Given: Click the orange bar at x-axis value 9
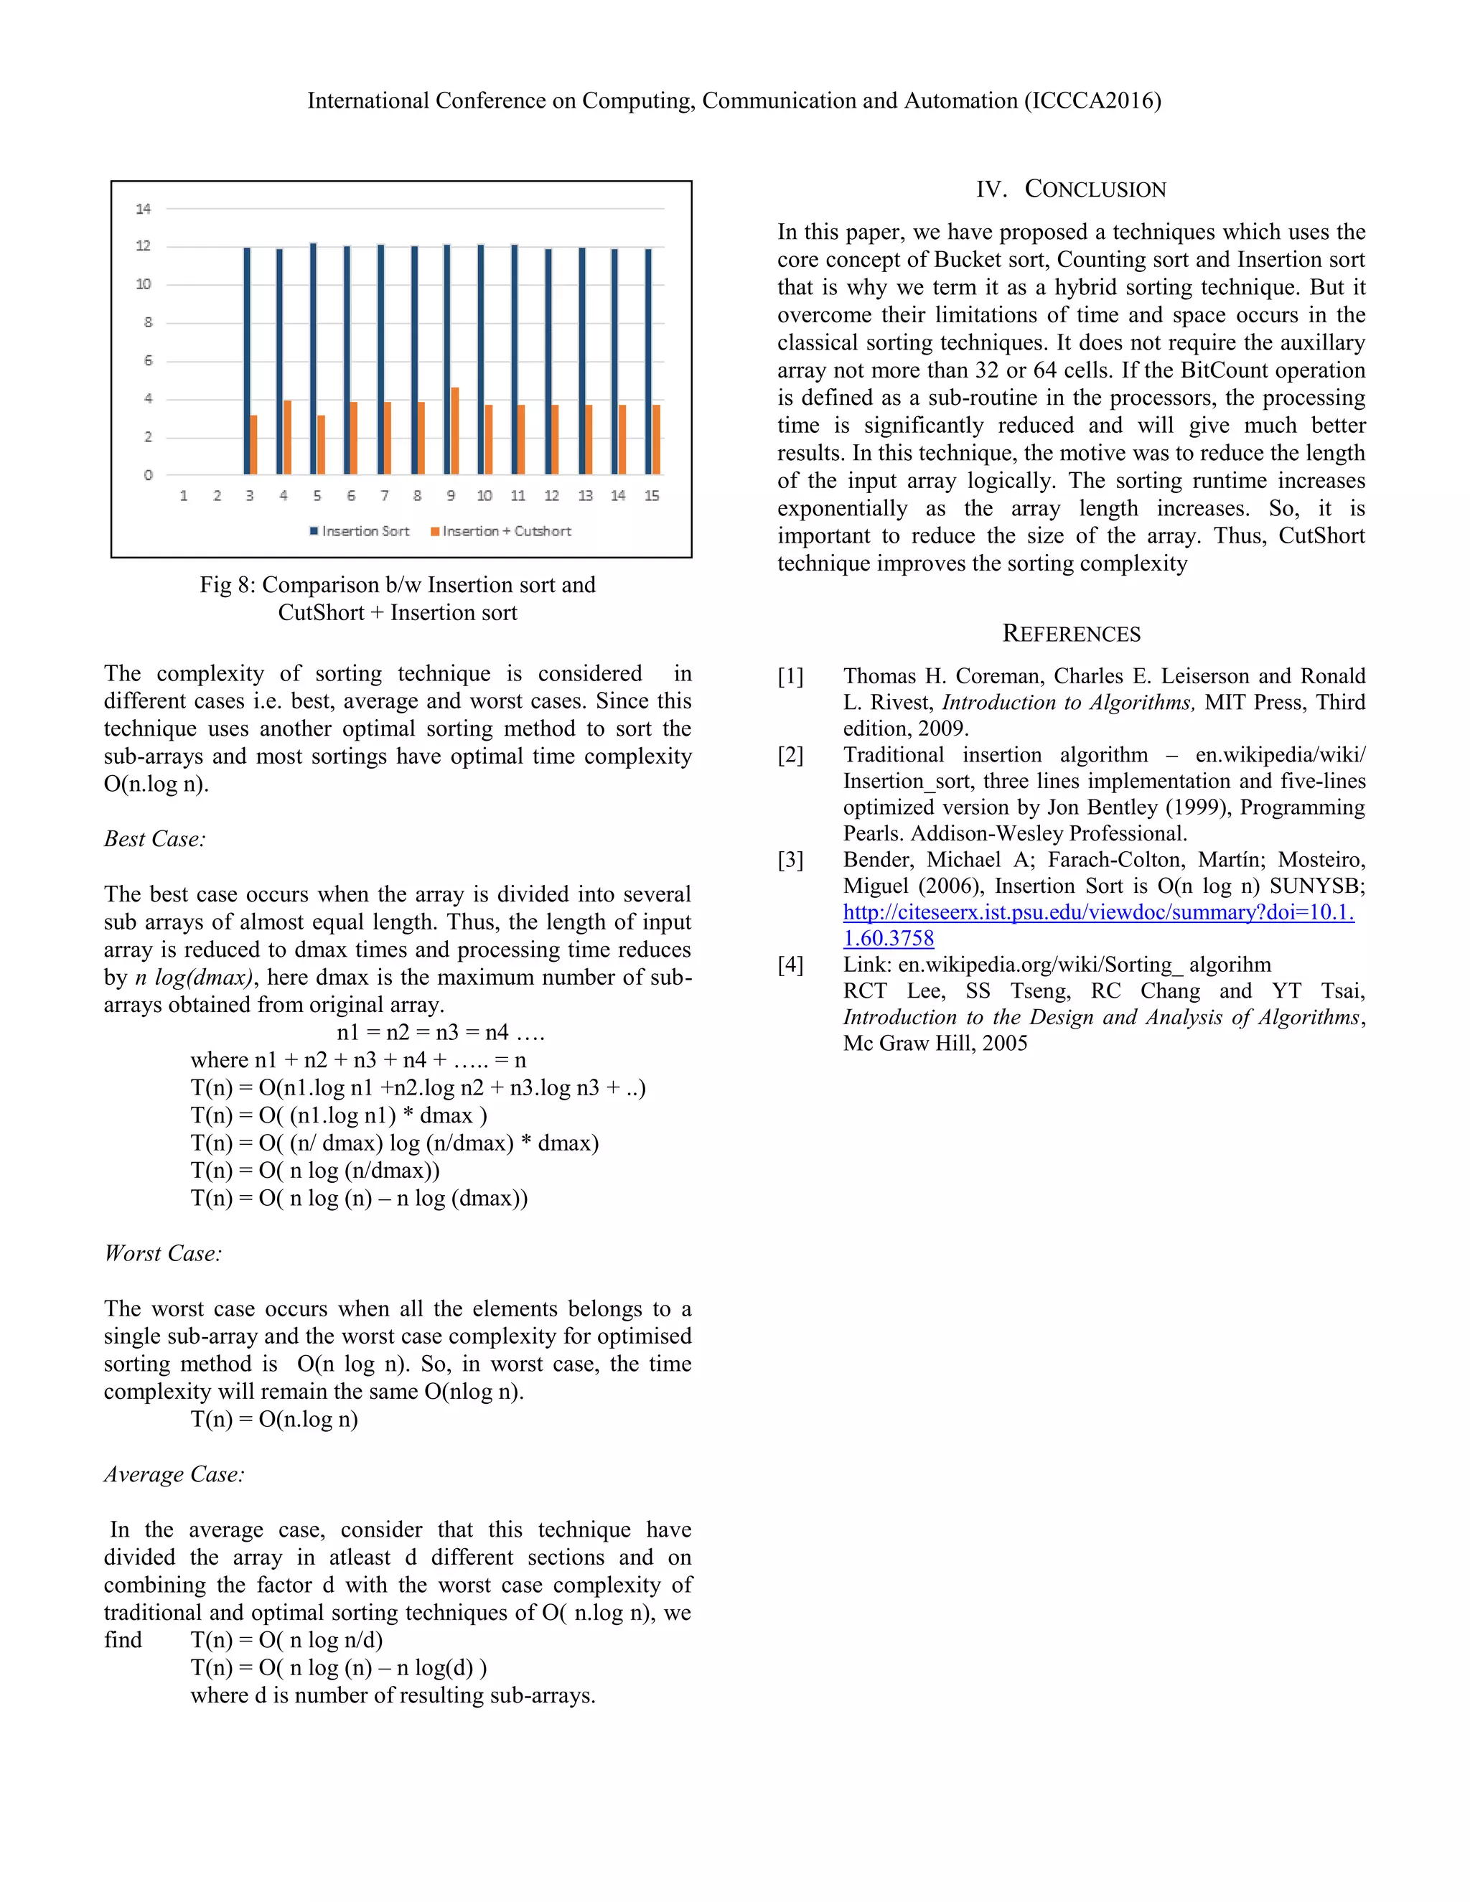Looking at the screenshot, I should coord(454,431).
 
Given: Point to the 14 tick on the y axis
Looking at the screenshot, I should coord(144,209).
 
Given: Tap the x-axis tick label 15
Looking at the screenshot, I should coord(652,495).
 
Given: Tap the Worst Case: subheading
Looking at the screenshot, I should coord(163,1253).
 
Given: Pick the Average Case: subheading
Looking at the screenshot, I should coord(174,1474).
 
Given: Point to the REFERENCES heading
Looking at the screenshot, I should coord(1071,633).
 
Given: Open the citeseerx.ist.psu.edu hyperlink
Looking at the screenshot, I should coord(1098,913).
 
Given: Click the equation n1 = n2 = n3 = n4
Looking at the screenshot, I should coord(441,1033).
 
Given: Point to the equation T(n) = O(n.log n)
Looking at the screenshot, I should coord(274,1420).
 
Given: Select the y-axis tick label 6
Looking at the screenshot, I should coord(148,360).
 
